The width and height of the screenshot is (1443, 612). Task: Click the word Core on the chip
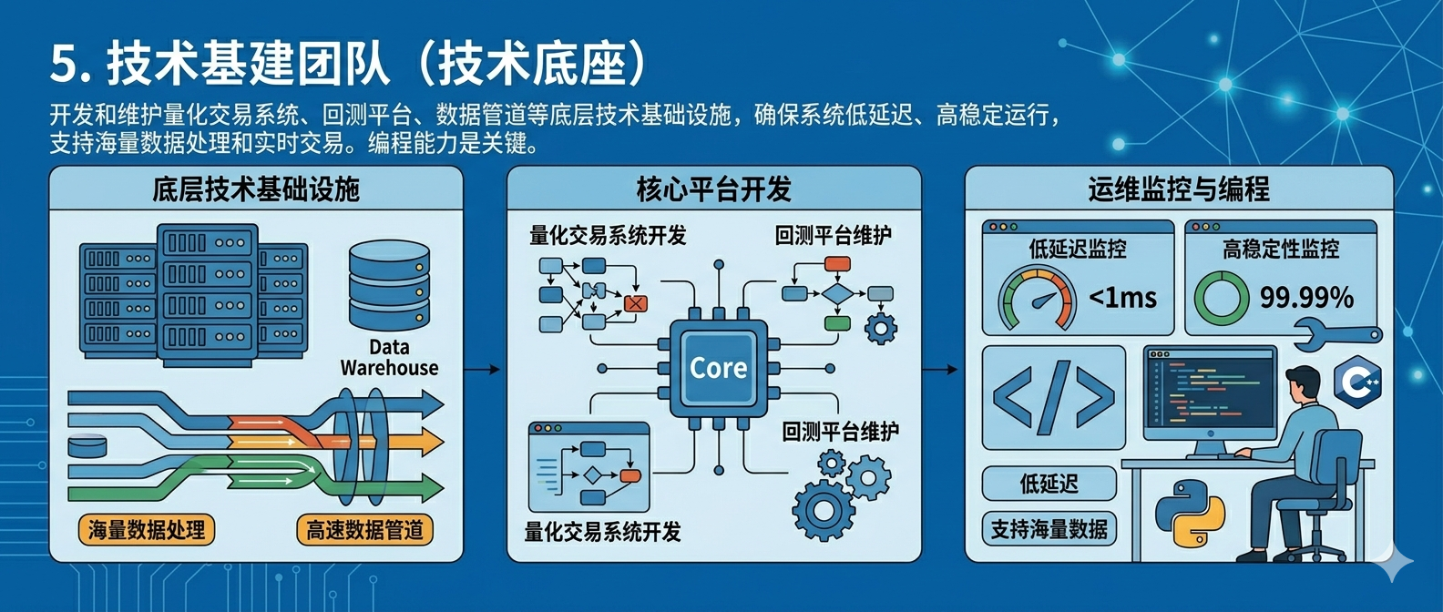click(x=718, y=368)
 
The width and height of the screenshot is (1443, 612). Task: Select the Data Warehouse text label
click(x=389, y=358)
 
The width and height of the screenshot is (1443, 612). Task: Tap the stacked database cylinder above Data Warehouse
click(x=389, y=285)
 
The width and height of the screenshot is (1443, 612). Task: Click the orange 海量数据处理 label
click(x=147, y=530)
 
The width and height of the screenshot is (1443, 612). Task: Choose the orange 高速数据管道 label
click(x=364, y=530)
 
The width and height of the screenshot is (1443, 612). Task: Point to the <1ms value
click(x=1122, y=298)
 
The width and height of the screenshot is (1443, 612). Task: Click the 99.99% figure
click(x=1306, y=297)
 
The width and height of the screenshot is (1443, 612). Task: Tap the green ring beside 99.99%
click(x=1221, y=298)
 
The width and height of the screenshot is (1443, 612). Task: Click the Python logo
click(x=1189, y=514)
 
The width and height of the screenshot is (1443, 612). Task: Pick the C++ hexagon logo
click(x=1357, y=381)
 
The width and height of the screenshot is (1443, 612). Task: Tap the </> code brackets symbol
click(x=1053, y=397)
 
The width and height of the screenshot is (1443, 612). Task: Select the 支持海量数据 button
click(x=1049, y=529)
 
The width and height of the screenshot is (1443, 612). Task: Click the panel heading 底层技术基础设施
click(x=256, y=189)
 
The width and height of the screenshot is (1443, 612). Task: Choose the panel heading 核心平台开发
click(x=713, y=189)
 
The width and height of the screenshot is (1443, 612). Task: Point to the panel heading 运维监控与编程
click(x=1178, y=189)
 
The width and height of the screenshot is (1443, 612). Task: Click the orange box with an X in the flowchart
click(x=636, y=303)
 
